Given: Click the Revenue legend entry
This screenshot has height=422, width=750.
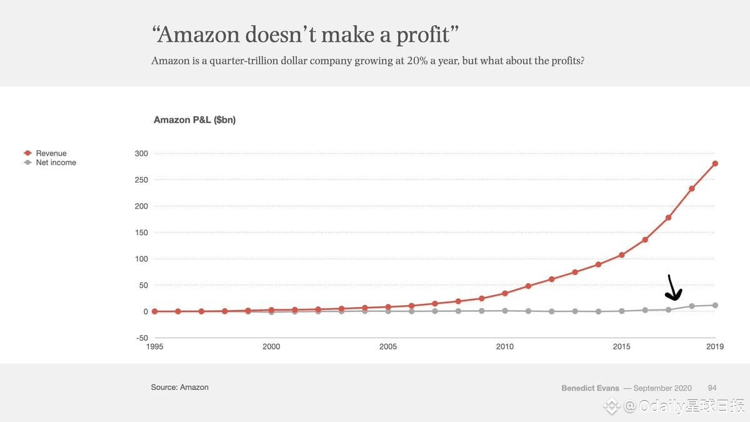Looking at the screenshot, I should [x=51, y=153].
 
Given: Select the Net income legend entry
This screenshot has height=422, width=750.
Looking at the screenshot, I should [x=56, y=163].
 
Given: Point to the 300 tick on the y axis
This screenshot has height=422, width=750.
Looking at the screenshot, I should [x=141, y=154].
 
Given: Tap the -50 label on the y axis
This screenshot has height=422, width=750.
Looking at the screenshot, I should [x=141, y=338].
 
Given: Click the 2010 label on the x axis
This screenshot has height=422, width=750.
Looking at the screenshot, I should [x=505, y=347].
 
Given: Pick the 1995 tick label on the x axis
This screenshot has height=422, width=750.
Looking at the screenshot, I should [x=154, y=347].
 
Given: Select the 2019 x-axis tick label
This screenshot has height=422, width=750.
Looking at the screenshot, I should [x=715, y=347].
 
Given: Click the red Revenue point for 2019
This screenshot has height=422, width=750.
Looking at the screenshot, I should [x=715, y=164].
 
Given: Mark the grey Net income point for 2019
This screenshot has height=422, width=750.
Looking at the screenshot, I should [x=715, y=305].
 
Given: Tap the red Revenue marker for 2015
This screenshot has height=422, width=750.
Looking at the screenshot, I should [x=622, y=255].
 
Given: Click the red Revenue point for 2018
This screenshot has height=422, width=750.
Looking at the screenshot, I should [x=692, y=188].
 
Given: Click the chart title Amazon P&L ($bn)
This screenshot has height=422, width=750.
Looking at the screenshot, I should [x=194, y=120].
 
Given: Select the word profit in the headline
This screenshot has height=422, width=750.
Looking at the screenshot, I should [x=422, y=34].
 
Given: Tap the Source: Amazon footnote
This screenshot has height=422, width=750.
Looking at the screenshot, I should [x=180, y=388].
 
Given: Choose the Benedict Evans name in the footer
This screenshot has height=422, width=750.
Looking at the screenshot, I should [x=590, y=388].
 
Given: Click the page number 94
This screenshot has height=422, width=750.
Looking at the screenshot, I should [x=712, y=388].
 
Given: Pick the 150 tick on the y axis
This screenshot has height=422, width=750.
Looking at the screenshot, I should [x=141, y=233].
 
